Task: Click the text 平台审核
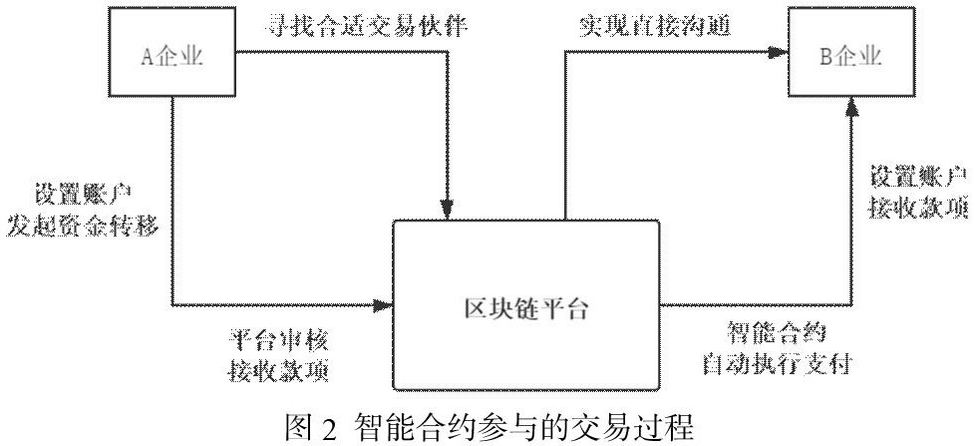click(274, 339)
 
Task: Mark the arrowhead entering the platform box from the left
click(385, 302)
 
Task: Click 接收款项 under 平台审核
click(274, 370)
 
